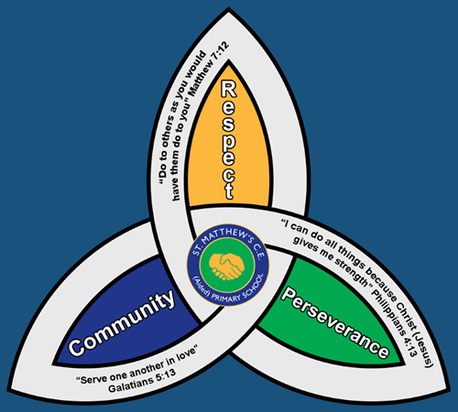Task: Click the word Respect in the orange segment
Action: pyautogui.click(x=228, y=140)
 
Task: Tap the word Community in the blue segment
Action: pyautogui.click(x=122, y=323)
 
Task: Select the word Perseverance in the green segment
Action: pyautogui.click(x=335, y=323)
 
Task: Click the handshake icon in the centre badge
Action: pyautogui.click(x=227, y=266)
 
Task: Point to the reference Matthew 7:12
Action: pyautogui.click(x=209, y=69)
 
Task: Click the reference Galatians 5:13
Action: pyautogui.click(x=142, y=382)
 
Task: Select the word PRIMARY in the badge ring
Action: pyautogui.click(x=226, y=298)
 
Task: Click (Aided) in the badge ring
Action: pyautogui.click(x=201, y=286)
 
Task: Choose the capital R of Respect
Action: pyautogui.click(x=229, y=89)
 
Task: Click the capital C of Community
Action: pyautogui.click(x=76, y=347)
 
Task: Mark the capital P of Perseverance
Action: pyautogui.click(x=289, y=296)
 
